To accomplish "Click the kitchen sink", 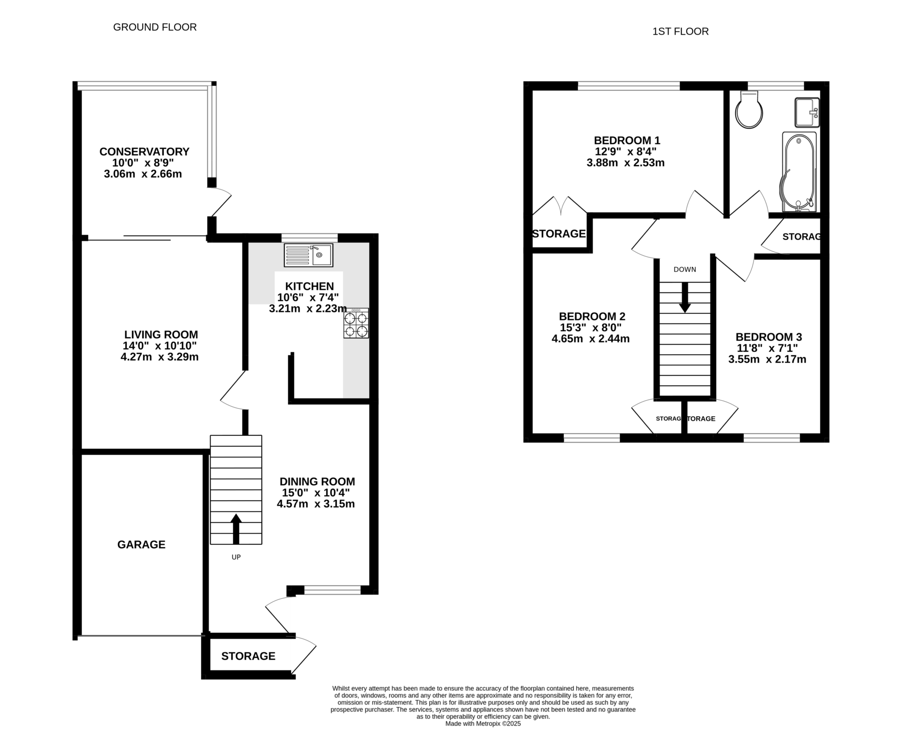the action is (308, 255).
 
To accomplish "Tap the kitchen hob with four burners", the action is (356, 323).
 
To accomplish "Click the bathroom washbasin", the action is (807, 112).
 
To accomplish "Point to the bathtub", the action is (799, 172).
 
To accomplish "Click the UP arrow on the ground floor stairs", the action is (236, 529).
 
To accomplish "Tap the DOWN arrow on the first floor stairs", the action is (685, 297).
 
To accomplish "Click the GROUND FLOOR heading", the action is (155, 27).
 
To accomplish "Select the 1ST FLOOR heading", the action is (681, 31).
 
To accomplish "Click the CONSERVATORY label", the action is (144, 152).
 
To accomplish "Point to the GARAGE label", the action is (141, 544).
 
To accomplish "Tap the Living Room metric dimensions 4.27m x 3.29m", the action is (160, 357).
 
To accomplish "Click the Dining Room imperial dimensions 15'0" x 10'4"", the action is (316, 493).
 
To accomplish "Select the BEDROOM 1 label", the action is (627, 140).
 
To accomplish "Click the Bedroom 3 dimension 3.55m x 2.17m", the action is (768, 359).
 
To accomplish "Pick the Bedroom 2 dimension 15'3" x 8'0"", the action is (591, 327).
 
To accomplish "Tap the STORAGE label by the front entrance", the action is (249, 656).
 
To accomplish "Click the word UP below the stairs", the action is (236, 557).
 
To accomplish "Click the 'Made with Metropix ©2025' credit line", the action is (483, 724).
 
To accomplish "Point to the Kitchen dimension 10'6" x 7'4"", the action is (308, 297).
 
